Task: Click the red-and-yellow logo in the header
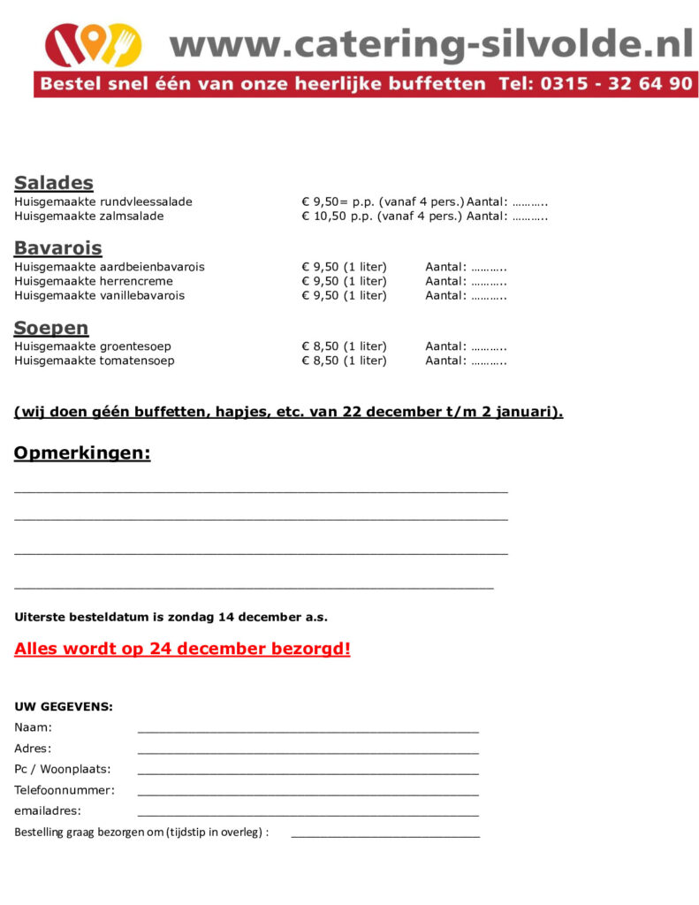click(93, 45)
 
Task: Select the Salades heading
click(54, 183)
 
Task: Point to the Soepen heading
click(51, 328)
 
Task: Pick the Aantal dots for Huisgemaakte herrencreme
click(489, 281)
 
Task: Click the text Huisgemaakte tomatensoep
click(95, 361)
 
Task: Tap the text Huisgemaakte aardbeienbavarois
click(110, 267)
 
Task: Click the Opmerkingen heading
click(82, 454)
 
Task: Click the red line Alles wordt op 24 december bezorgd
click(182, 649)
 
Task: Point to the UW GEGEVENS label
click(64, 707)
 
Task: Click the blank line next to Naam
click(308, 731)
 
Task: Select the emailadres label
click(48, 810)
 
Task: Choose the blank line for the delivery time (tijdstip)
click(385, 835)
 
